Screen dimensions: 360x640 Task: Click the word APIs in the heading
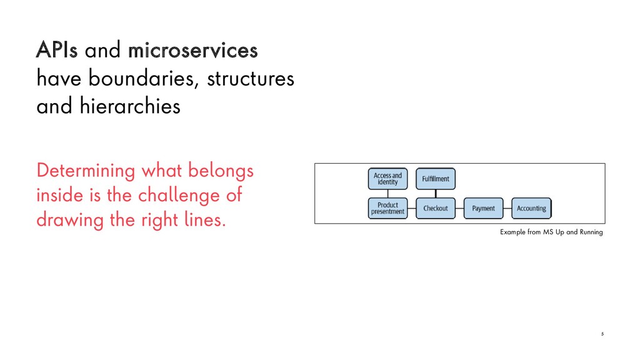pyautogui.click(x=57, y=51)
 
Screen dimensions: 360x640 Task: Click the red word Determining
pyautogui.click(x=86, y=170)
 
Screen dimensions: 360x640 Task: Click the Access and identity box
pyautogui.click(x=387, y=179)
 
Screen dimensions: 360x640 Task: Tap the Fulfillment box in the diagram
pyautogui.click(x=436, y=179)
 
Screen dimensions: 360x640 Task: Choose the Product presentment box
pyautogui.click(x=387, y=208)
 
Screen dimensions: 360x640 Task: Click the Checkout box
pyautogui.click(x=436, y=208)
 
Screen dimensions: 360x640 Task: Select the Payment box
pyautogui.click(x=483, y=208)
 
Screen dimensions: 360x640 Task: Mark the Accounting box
pyautogui.click(x=531, y=208)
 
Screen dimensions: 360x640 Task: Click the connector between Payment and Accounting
pyautogui.click(x=507, y=208)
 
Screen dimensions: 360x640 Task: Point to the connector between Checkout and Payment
pyautogui.click(x=459, y=208)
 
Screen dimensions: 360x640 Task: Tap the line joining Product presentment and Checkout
pyautogui.click(x=411, y=208)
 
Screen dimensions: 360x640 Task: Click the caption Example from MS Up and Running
pyautogui.click(x=551, y=232)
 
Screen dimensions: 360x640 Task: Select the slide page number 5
pyautogui.click(x=602, y=334)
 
